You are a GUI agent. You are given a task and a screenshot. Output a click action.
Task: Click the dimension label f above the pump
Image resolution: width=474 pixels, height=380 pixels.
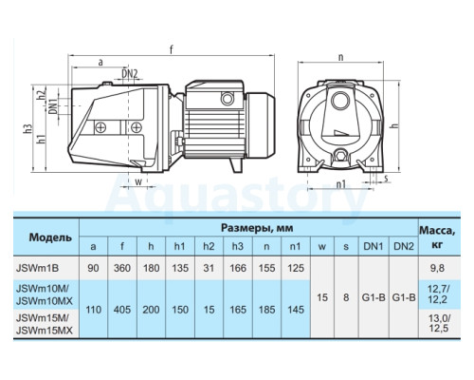(172, 49)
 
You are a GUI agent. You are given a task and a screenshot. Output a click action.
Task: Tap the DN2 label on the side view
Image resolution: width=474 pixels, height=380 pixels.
(130, 74)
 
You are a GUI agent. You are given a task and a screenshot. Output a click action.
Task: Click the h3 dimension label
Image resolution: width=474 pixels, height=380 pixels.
(28, 128)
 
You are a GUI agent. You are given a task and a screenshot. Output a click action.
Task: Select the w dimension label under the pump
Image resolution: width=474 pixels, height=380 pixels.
(138, 181)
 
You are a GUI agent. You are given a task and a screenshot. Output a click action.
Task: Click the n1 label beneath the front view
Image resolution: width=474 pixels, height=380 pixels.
(340, 184)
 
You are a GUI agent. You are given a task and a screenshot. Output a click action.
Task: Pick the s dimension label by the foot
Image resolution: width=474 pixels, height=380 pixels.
(386, 179)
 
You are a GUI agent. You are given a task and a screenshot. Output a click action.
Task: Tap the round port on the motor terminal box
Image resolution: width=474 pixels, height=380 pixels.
(227, 99)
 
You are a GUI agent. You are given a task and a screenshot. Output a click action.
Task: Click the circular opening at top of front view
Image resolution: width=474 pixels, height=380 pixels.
(339, 100)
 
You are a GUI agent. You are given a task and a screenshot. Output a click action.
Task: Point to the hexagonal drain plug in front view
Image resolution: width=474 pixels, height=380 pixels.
(340, 156)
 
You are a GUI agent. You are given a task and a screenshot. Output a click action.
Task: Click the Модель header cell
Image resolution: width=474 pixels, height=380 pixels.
(50, 237)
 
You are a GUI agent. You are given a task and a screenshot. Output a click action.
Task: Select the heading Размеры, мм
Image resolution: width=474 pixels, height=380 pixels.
(257, 228)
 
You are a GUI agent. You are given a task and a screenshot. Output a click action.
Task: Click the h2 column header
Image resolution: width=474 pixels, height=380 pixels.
(209, 246)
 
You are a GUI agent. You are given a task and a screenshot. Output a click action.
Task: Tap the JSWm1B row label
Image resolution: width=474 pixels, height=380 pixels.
(37, 268)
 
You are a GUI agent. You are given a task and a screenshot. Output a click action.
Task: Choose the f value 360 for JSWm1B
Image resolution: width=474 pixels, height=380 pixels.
(122, 268)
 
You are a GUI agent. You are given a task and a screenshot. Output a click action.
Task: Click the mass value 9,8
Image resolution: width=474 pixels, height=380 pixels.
(437, 268)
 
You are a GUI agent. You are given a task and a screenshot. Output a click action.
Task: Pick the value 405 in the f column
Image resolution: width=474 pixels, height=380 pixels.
(122, 310)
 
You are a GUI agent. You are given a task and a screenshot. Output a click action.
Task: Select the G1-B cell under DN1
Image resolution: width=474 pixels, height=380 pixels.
(374, 297)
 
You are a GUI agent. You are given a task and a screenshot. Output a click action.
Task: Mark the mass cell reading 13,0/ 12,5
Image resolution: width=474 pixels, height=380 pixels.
(439, 323)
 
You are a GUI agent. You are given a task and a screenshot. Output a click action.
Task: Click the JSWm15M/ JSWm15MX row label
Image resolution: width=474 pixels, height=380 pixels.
(45, 324)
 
